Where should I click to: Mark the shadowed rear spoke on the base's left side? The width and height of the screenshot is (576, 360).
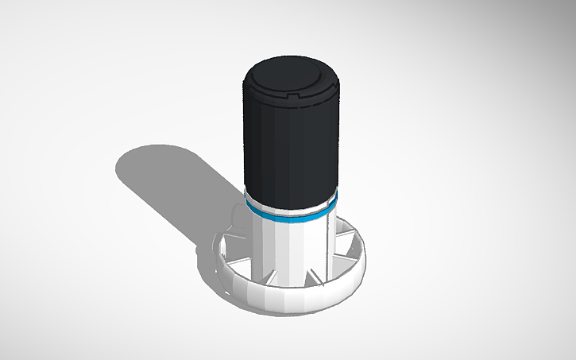(242, 223)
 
